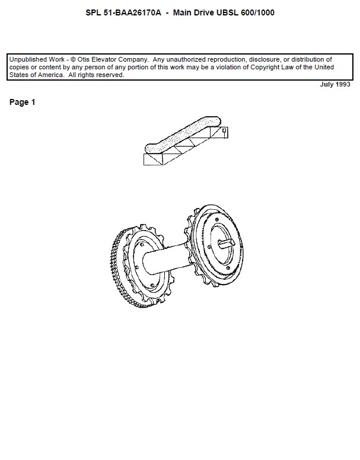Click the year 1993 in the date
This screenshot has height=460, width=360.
pyautogui.click(x=342, y=85)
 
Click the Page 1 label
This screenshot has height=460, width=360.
pyautogui.click(x=23, y=103)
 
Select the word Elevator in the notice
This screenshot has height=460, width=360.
pyautogui.click(x=106, y=60)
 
